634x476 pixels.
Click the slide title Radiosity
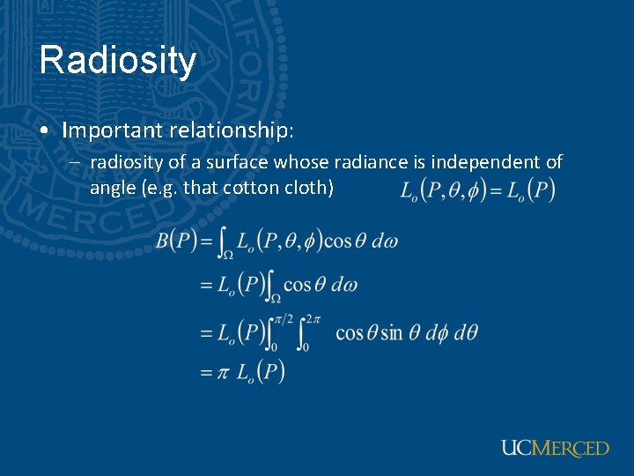117,60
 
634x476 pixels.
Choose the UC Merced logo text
555,448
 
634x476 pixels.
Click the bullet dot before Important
44,131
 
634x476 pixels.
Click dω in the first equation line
384,241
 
